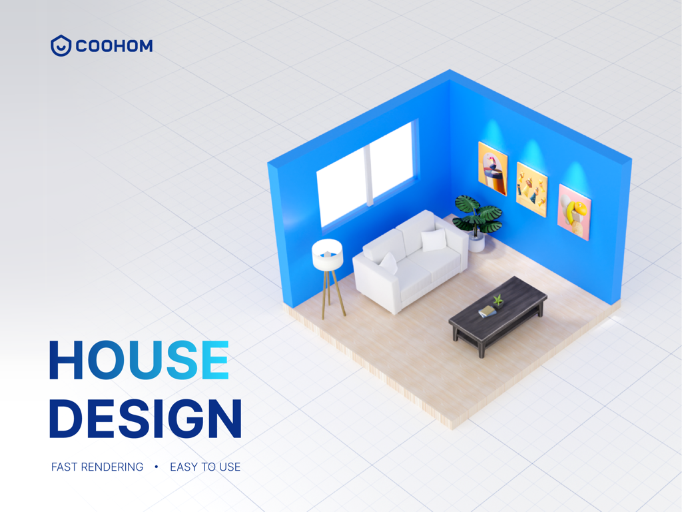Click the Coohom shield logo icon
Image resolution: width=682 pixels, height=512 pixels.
[61, 45]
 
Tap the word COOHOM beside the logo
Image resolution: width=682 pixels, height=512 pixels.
[114, 46]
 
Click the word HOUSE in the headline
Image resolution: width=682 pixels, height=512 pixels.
[139, 361]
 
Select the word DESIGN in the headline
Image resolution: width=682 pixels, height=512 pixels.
[145, 419]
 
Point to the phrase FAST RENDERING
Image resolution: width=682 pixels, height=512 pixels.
[97, 467]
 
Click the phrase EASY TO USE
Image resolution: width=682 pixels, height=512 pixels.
[205, 467]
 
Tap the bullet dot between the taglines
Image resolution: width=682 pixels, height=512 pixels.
[157, 467]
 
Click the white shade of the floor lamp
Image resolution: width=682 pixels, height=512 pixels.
[327, 255]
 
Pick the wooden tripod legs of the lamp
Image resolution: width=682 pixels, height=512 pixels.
[333, 293]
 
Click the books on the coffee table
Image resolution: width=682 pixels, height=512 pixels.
[487, 311]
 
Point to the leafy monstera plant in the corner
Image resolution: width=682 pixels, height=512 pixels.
[477, 215]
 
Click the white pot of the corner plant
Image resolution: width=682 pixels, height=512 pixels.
[477, 243]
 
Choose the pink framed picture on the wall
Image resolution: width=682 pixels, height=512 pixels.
[573, 212]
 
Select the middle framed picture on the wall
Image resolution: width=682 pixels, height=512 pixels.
[531, 189]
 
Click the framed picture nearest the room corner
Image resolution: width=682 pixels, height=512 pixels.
[493, 168]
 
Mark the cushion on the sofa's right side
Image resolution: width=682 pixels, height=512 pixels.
[434, 239]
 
